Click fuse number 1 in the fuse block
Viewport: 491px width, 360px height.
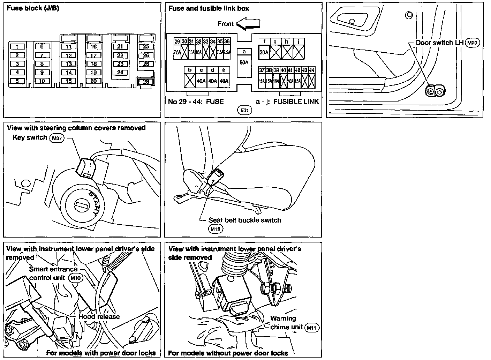(x=17, y=47)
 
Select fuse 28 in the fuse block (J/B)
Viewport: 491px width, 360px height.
(x=146, y=82)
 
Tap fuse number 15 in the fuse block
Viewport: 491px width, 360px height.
(x=69, y=81)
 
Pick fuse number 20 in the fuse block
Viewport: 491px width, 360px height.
(x=93, y=81)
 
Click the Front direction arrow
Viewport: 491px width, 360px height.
(x=248, y=24)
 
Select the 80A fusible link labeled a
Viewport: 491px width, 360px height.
(x=244, y=63)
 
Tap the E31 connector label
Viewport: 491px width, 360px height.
(x=244, y=110)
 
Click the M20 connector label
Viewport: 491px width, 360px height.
(x=473, y=43)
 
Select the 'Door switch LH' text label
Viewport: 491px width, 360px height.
(x=439, y=43)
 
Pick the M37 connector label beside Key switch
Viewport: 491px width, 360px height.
(x=56, y=138)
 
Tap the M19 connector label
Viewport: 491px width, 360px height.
(x=215, y=229)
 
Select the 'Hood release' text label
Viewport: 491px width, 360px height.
(x=99, y=317)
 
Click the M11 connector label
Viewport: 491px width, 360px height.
(x=312, y=327)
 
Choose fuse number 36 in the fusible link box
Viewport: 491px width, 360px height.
(x=227, y=42)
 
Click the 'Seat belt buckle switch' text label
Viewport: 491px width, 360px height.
(x=244, y=220)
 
